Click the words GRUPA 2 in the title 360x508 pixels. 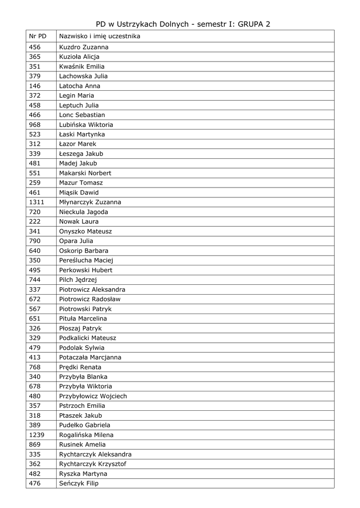tap(254, 24)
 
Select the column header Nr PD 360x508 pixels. tap(38, 36)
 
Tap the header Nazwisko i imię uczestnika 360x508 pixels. tap(99, 36)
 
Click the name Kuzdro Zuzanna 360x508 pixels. tap(83, 47)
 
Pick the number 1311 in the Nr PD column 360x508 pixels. tap(37, 202)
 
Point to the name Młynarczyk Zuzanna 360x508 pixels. tap(90, 202)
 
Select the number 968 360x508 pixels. tap(35, 125)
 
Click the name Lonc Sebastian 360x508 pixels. tap(82, 115)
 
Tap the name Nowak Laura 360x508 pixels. tap(78, 222)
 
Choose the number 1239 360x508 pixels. tap(37, 435)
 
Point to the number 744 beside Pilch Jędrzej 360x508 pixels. tap(35, 280)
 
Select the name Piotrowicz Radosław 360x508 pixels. tap(89, 299)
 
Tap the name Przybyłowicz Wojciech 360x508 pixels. tap(93, 396)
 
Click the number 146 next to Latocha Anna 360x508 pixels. tap(35, 86)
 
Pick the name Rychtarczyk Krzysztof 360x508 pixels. tap(92, 464)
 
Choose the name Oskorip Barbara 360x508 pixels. tap(83, 251)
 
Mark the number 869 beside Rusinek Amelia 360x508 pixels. tap(35, 445)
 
